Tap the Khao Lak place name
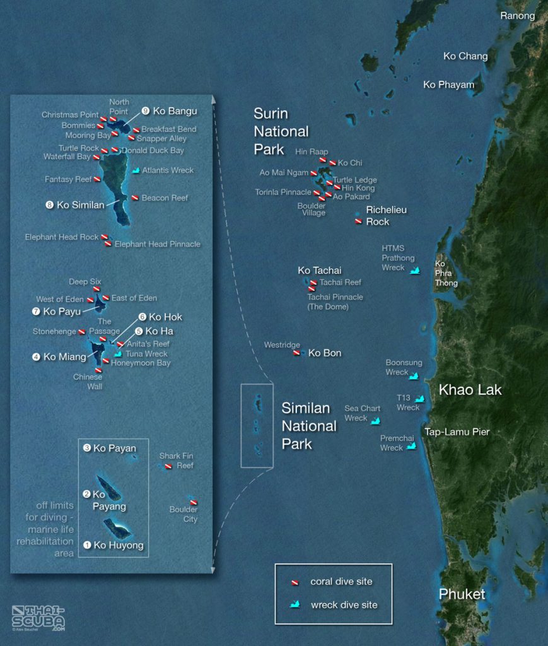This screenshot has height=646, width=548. pos(470,390)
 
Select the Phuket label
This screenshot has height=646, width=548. pos(462,594)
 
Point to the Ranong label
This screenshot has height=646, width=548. pos(517,16)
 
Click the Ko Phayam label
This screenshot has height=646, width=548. pos(448,85)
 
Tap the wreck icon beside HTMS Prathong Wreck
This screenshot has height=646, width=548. pos(415,271)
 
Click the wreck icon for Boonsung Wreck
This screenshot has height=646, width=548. pos(414,376)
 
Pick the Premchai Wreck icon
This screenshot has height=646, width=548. pos(412,446)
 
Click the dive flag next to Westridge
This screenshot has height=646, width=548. pos(296,353)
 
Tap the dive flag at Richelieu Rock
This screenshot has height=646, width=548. pos(358,221)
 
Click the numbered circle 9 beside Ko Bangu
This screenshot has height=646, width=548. pos(146,111)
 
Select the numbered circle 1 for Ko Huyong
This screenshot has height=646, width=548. pos(87,545)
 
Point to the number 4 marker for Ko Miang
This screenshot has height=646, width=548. pos(37,357)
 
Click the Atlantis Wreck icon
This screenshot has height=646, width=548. pos(136,170)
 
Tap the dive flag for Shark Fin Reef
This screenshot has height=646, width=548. pos(168,466)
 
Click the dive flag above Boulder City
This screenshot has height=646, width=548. pos(194,502)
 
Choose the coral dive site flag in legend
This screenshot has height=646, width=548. pos(294,582)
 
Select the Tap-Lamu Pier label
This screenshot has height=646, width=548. pos(457,432)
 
